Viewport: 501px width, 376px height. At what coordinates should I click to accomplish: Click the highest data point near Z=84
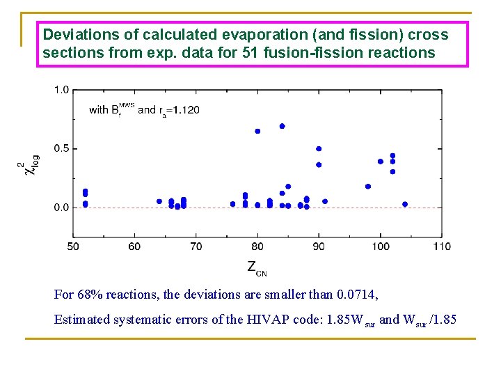click(x=282, y=126)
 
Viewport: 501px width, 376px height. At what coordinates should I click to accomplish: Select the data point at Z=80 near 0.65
click(x=257, y=131)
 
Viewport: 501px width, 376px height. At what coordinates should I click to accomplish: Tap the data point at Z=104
click(x=405, y=204)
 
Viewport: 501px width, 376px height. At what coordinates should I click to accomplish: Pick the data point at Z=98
click(x=368, y=187)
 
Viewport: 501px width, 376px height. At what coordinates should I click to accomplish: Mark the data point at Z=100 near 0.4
click(x=381, y=162)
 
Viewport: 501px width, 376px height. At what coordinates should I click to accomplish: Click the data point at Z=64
click(x=159, y=201)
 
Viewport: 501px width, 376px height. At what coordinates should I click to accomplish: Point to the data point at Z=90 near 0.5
click(x=319, y=148)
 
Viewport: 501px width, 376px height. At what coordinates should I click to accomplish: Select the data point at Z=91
click(x=325, y=201)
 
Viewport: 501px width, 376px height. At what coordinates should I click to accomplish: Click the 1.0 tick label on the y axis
click(x=61, y=89)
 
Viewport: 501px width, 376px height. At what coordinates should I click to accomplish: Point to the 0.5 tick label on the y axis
click(x=61, y=148)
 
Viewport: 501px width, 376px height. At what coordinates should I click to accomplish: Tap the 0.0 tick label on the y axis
click(x=61, y=207)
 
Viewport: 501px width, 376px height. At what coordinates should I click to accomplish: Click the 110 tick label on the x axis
click(x=442, y=246)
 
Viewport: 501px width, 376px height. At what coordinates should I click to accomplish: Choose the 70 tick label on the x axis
click(x=196, y=246)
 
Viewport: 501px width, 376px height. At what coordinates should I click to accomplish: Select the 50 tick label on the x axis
click(x=73, y=246)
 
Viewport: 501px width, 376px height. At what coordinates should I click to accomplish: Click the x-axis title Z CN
click(x=256, y=267)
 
